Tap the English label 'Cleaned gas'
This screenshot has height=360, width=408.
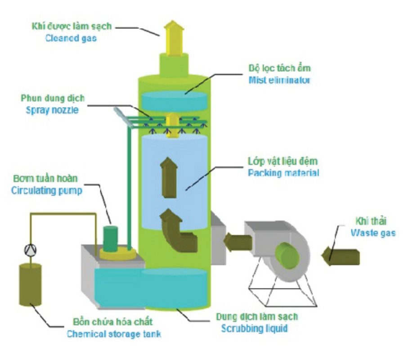[x=71, y=38]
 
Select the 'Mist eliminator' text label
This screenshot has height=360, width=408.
[x=279, y=80]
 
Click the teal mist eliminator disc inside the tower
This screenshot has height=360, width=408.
[x=174, y=101]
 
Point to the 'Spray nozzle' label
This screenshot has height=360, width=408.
[x=52, y=110]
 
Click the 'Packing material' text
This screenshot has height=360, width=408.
[x=283, y=173]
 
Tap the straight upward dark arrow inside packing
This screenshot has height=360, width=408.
[x=169, y=178]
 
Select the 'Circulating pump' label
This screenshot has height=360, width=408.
[x=47, y=190]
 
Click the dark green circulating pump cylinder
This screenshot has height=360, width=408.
[x=110, y=239]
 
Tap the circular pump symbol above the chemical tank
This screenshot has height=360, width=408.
[x=31, y=250]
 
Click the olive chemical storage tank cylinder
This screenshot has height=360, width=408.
[x=31, y=284]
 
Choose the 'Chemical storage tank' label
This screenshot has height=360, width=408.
[x=114, y=334]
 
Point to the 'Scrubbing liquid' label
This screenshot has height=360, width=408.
[x=255, y=328]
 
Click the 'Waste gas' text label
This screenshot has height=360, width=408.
[x=373, y=233]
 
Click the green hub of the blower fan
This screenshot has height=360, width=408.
[x=287, y=256]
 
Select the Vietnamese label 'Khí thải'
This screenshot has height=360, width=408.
[x=371, y=221]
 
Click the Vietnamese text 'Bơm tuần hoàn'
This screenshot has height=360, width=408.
[x=45, y=179]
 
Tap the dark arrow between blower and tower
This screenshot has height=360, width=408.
[x=238, y=243]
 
